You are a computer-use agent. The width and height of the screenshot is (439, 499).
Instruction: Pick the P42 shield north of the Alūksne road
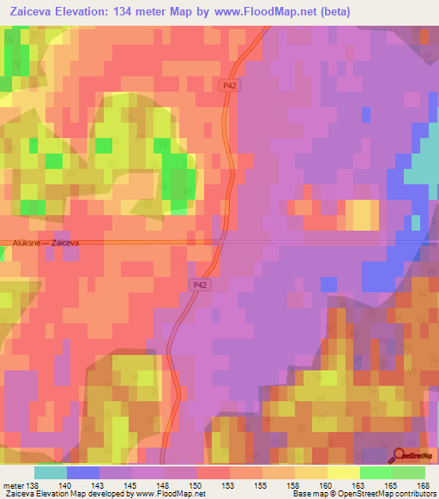pyautogui.click(x=229, y=86)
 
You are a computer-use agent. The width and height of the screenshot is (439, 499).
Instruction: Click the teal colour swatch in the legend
pyautogui.click(x=51, y=472)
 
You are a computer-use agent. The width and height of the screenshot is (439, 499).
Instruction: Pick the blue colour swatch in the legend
pyautogui.click(x=83, y=472)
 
